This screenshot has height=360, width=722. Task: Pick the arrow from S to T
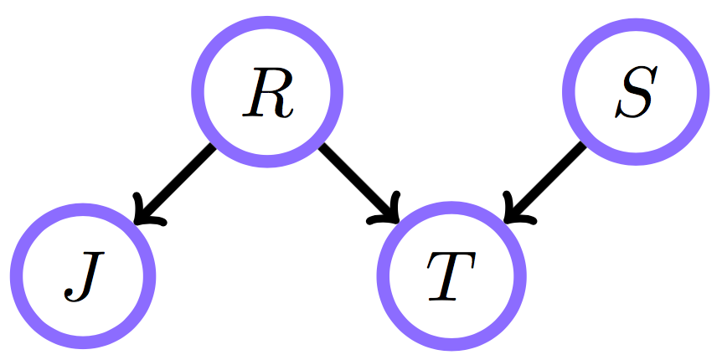coord(544,183)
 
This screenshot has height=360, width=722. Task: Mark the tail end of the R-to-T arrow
coord(322,149)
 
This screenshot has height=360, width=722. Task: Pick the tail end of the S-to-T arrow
coord(581,147)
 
